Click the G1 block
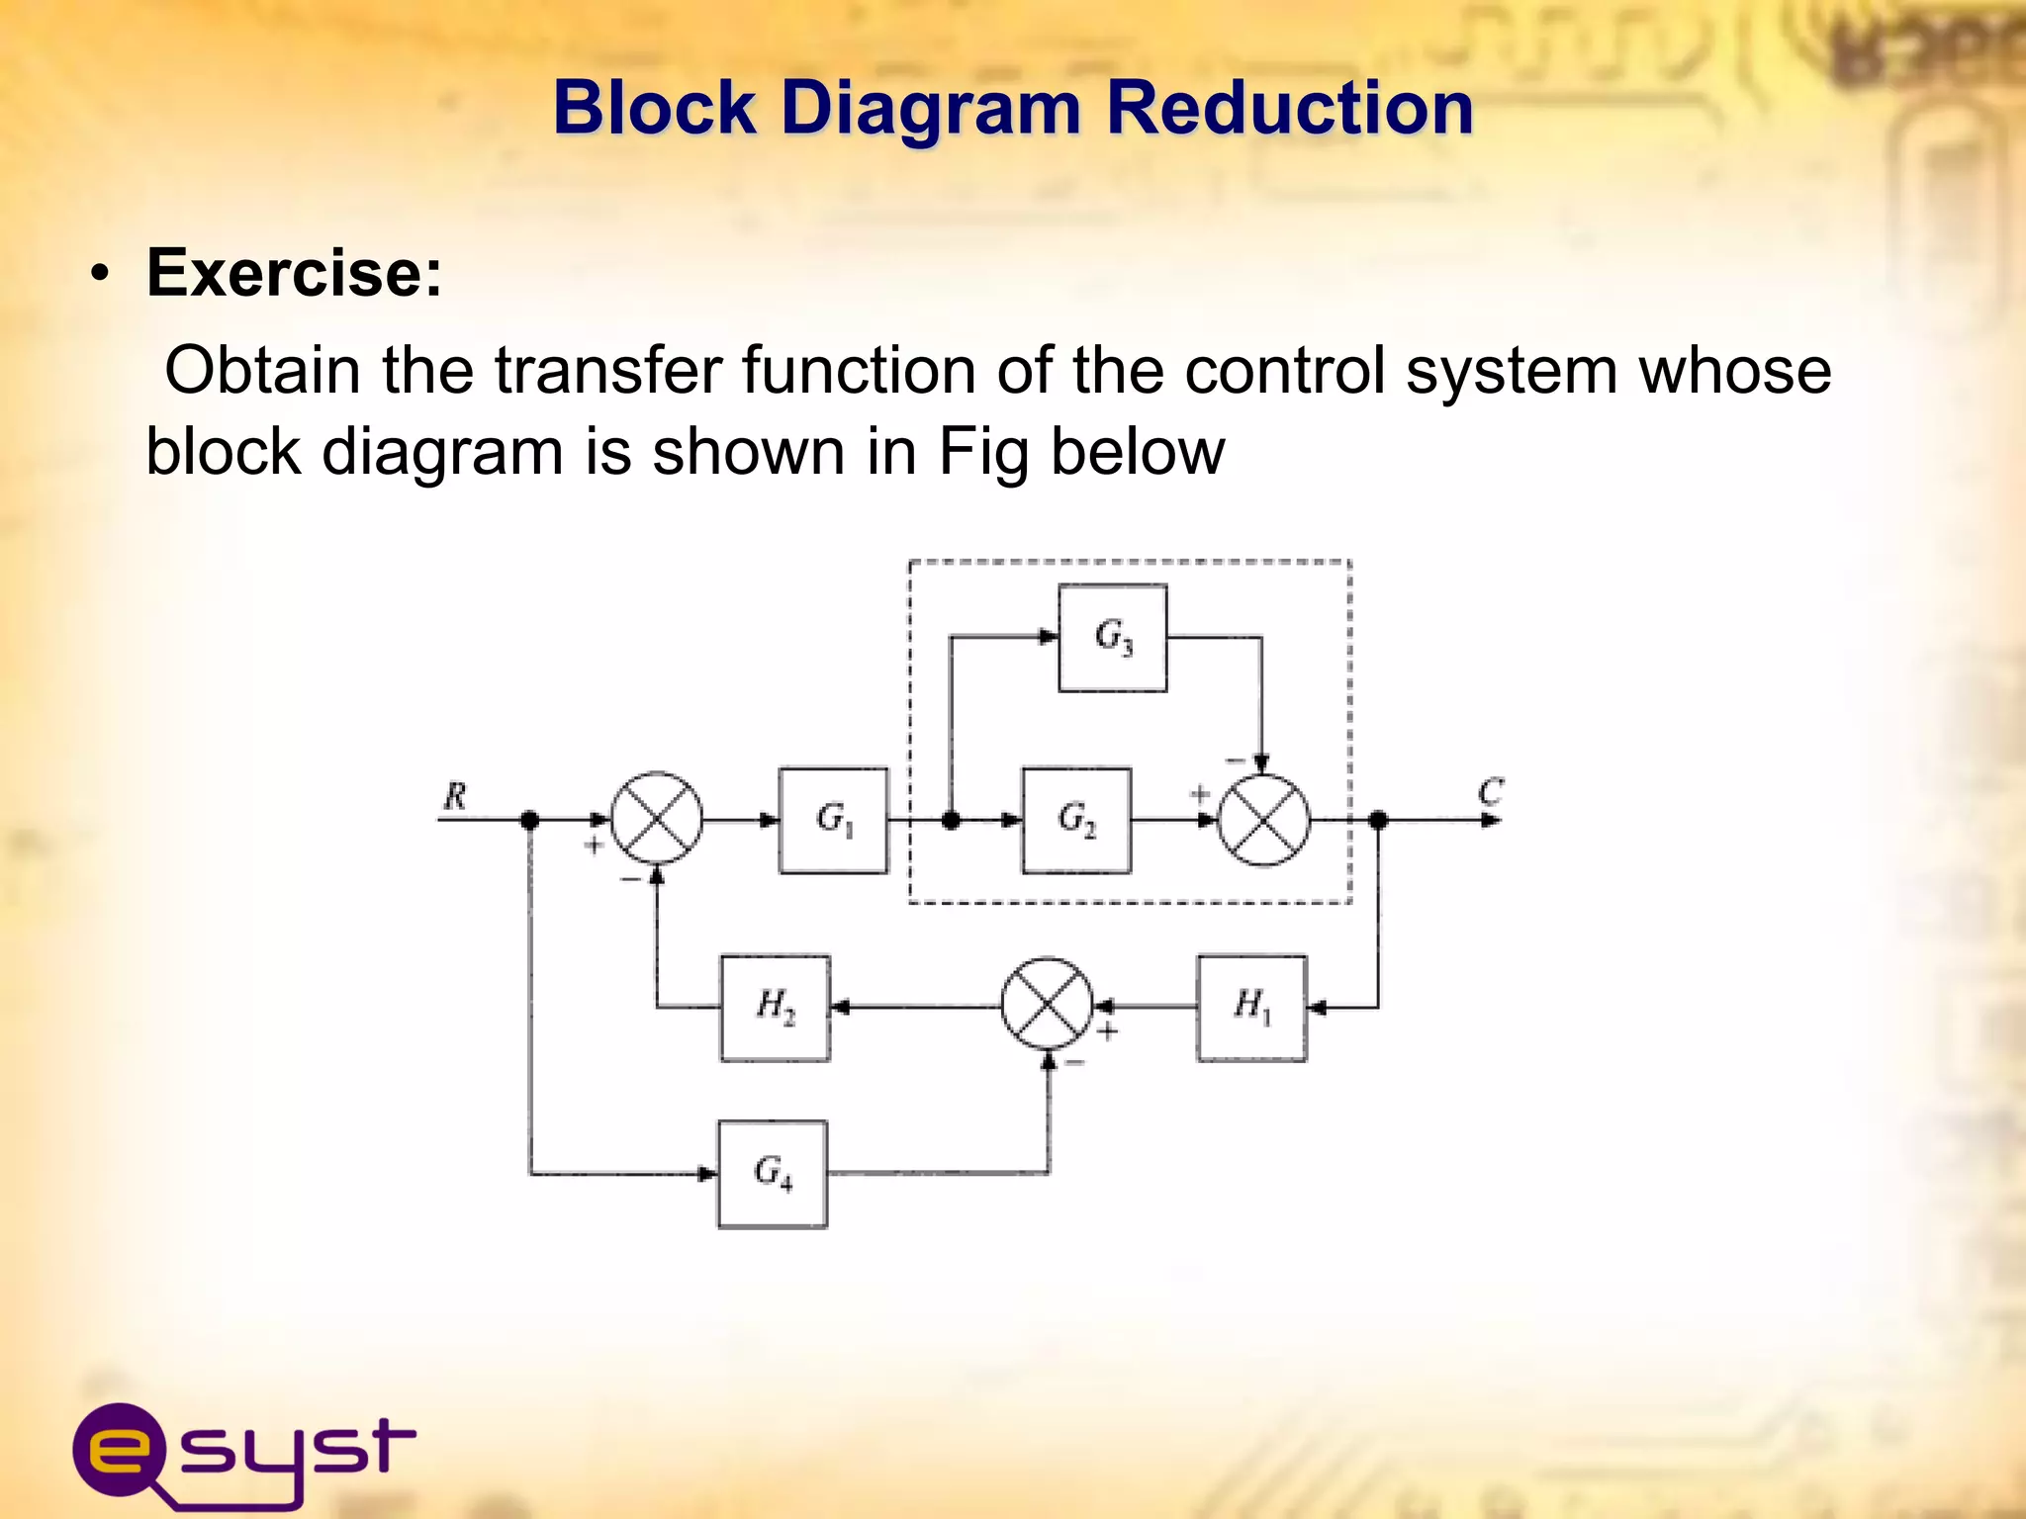pos(833,820)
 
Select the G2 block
pos(1076,820)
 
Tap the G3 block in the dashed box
pos(1113,638)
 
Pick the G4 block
pos(773,1174)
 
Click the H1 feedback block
pos(1251,1008)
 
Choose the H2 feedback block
pos(776,1008)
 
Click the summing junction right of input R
pos(657,819)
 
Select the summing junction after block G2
pos(1263,820)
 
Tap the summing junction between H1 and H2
pos(1048,1004)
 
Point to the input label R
pos(455,796)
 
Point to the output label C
pos(1490,792)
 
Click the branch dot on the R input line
pos(530,820)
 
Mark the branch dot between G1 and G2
pos(951,820)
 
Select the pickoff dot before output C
pos(1378,820)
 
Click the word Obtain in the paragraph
pos(262,370)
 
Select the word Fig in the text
pos(983,452)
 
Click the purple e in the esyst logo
pos(119,1450)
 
